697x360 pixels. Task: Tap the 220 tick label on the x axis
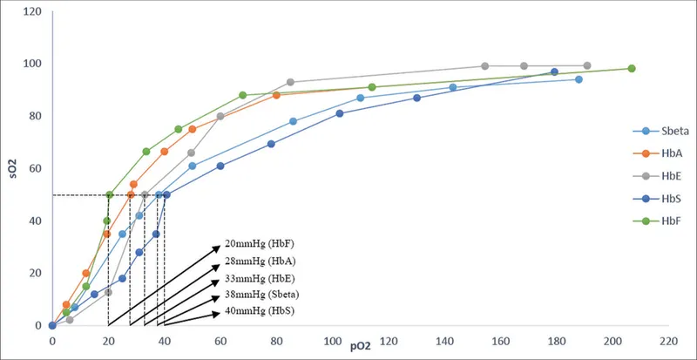point(669,343)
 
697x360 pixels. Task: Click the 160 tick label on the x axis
point(501,343)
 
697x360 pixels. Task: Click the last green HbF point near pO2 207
point(632,69)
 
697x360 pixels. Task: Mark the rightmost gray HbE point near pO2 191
point(587,66)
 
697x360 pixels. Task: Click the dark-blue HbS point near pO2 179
point(554,72)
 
